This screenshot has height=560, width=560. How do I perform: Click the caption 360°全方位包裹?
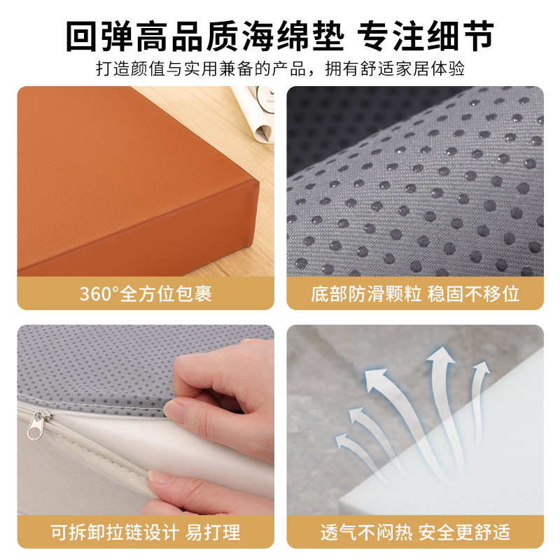click(x=146, y=293)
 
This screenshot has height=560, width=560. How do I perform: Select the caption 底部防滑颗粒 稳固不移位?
click(x=415, y=293)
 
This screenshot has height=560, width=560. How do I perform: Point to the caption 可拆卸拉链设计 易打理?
click(x=146, y=532)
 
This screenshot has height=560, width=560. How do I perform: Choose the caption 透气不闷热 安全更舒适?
click(x=415, y=532)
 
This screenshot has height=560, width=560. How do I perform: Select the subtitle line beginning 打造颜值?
click(x=280, y=70)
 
